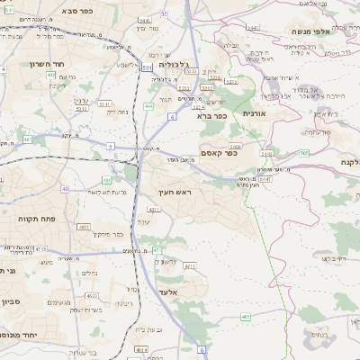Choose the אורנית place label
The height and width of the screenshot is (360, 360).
[255, 113]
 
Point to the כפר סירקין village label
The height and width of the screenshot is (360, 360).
[117, 234]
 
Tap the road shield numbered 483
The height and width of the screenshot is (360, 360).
[84, 227]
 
